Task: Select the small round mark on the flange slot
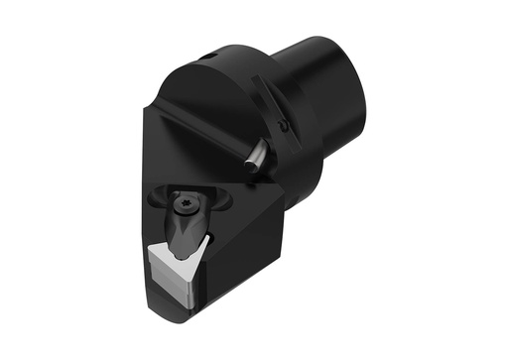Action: point(283,126)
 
